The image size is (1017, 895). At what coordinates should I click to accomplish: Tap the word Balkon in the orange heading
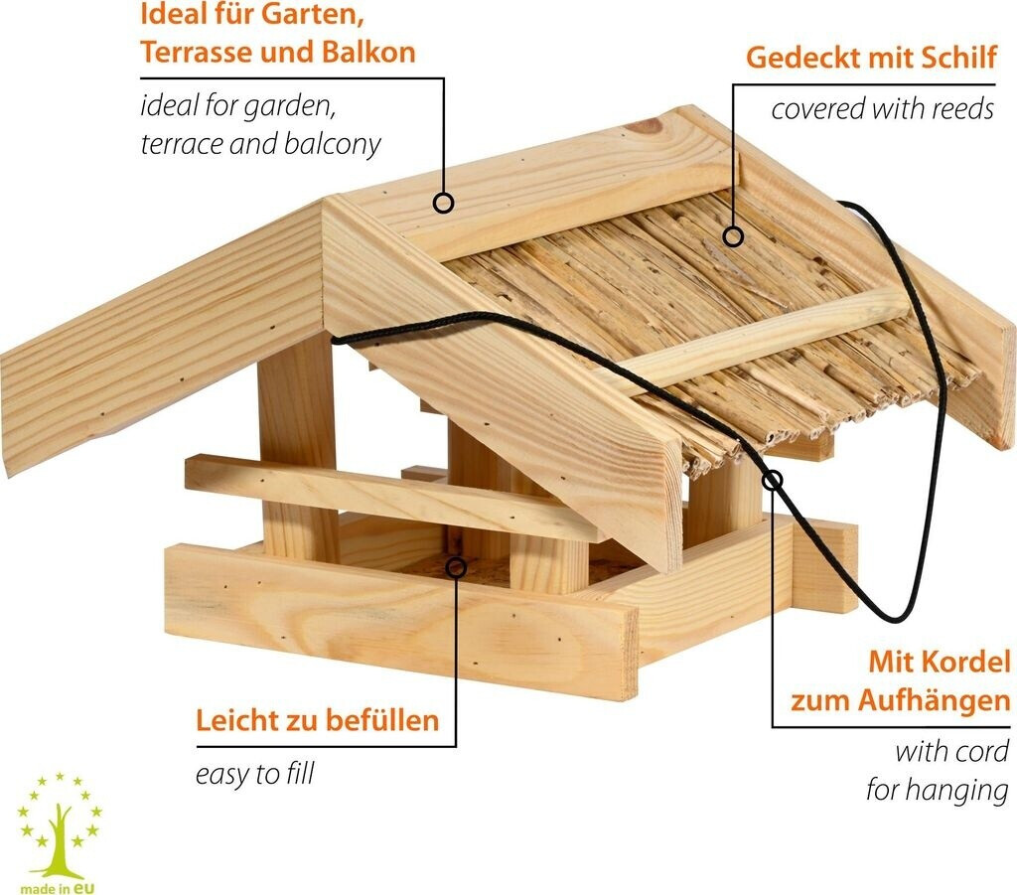tap(366, 53)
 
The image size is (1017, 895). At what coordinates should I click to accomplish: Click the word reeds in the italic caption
tap(960, 108)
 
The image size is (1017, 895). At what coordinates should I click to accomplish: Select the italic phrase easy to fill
tap(254, 774)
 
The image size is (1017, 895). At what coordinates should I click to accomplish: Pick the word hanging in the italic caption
tap(966, 791)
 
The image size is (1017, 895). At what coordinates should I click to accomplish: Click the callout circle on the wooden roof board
tap(444, 203)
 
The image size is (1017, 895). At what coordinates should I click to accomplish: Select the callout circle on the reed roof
tap(733, 236)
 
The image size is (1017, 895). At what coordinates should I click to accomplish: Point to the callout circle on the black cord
tap(773, 481)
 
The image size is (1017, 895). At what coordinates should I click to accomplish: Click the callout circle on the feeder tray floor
tap(456, 567)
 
